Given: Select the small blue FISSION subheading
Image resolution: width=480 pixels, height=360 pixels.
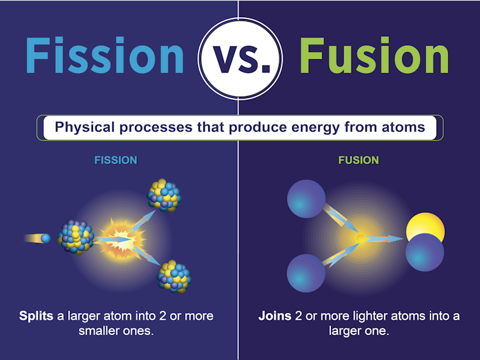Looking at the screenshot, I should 115,160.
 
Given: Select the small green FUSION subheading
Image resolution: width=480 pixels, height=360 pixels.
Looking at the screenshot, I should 358,160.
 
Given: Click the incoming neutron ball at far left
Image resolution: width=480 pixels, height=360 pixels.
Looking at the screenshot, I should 45,239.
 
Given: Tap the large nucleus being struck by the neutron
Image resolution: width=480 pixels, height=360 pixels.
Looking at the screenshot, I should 76,237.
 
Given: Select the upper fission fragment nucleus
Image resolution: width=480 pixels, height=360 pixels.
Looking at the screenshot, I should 164,195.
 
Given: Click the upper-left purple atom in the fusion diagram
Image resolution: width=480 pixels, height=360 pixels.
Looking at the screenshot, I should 306,198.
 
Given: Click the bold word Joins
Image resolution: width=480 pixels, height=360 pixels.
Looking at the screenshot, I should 275,316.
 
